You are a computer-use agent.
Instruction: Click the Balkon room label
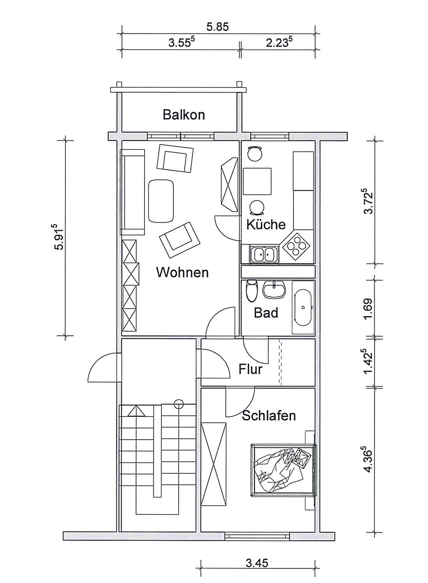[x=184, y=115]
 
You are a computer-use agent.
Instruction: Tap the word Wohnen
[x=182, y=273]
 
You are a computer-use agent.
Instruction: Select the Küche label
[x=266, y=224]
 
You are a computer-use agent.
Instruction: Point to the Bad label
[x=266, y=312]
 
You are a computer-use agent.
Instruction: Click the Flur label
[x=251, y=369]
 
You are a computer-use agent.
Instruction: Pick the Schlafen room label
[x=269, y=416]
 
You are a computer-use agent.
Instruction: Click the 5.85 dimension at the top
[x=218, y=27]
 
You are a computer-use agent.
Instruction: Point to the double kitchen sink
[x=264, y=254]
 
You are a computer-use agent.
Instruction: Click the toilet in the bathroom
[x=252, y=291]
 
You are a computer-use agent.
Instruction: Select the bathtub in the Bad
[x=303, y=307]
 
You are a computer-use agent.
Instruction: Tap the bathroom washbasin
[x=274, y=290]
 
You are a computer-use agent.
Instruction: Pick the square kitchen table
[x=257, y=181]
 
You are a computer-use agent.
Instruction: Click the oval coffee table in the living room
[x=161, y=201]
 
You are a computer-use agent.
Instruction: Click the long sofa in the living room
[x=133, y=192]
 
